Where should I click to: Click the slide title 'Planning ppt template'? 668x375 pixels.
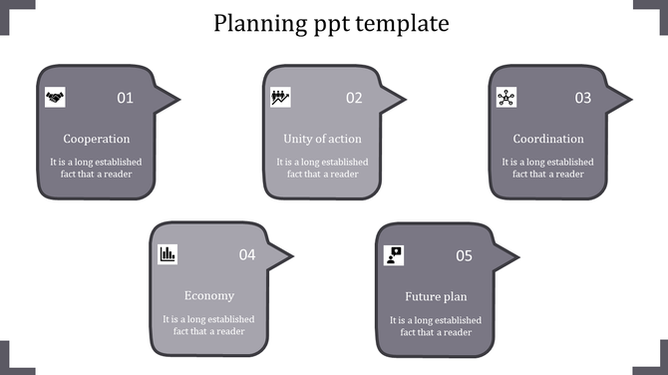coord(331,23)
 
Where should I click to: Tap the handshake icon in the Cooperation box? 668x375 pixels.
coord(55,97)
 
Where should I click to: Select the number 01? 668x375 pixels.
coord(125,98)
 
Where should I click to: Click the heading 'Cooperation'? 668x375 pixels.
coord(97,139)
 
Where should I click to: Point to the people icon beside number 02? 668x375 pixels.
coord(281,97)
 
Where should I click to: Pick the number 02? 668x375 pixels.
coord(354,98)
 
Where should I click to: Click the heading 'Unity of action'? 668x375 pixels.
coord(322,139)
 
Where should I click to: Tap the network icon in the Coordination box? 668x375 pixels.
coord(506,97)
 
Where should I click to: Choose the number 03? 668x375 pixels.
coord(582,98)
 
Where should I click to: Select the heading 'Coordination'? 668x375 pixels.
coord(548,139)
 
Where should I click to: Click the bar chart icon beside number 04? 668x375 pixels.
coord(167,254)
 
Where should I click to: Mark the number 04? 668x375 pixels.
coord(247,255)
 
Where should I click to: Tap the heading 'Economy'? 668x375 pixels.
coord(209,296)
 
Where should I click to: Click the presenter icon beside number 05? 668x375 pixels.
coord(394,254)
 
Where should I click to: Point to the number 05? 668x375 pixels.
coord(464,255)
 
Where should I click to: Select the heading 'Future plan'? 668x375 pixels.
coord(436,296)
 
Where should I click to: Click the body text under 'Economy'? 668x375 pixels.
coord(209,325)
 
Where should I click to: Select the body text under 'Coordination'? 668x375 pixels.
coord(547,168)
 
